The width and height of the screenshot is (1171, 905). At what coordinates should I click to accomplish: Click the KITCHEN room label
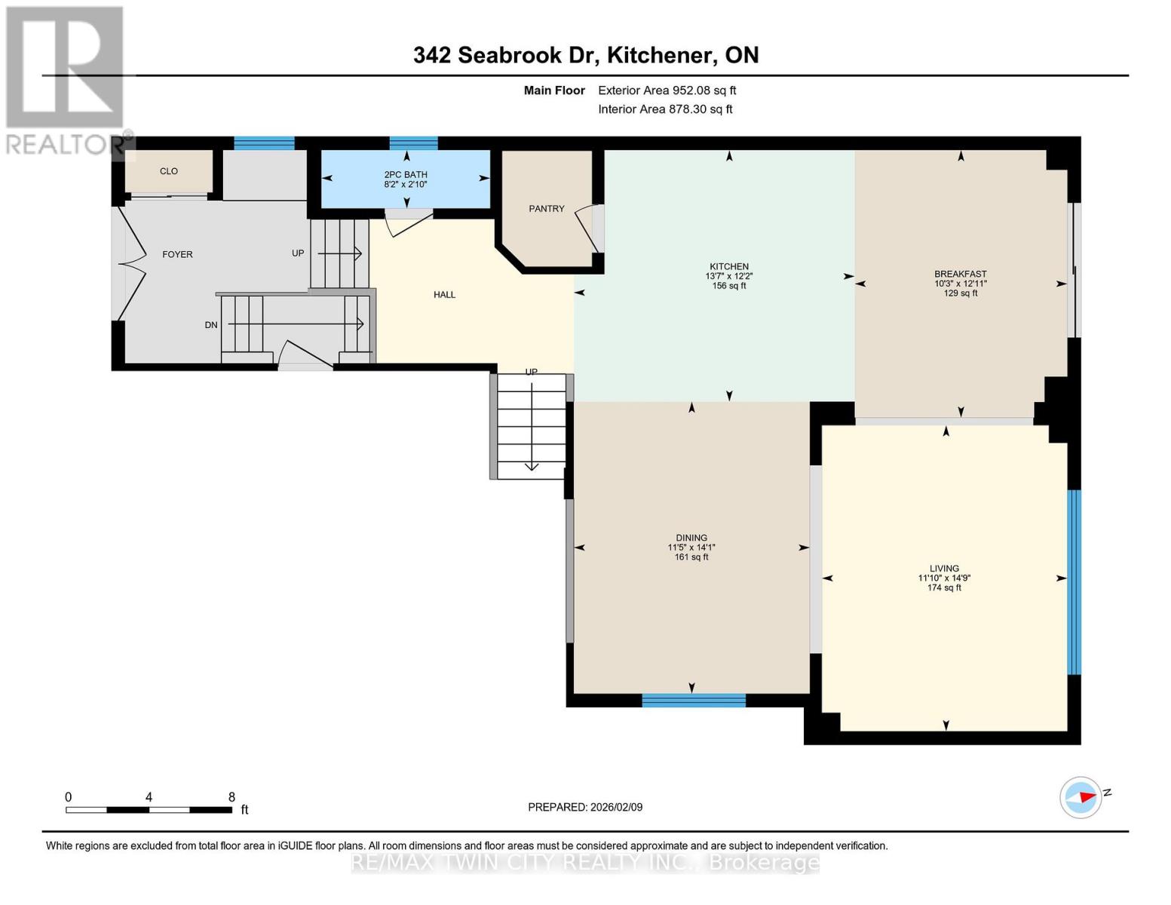(x=728, y=266)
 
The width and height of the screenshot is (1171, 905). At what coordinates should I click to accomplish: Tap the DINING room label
(x=691, y=538)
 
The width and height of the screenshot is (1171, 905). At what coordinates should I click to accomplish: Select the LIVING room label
(x=944, y=569)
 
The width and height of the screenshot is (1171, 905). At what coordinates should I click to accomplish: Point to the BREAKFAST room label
(x=960, y=274)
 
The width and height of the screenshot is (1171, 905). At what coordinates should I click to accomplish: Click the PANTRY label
(x=546, y=209)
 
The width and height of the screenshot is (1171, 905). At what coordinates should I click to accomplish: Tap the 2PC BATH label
(x=406, y=174)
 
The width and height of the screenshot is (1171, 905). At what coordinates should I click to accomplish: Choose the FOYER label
(x=177, y=255)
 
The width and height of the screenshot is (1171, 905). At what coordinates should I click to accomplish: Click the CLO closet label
(x=169, y=171)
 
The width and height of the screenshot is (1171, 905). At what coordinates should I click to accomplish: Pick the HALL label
(x=444, y=295)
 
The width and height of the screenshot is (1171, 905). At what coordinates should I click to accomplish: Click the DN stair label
(x=211, y=325)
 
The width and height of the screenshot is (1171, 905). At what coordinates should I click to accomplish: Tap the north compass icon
(x=1081, y=797)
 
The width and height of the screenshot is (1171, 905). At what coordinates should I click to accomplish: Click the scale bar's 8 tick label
(x=231, y=797)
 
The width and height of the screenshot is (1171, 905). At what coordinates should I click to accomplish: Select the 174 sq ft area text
(x=944, y=588)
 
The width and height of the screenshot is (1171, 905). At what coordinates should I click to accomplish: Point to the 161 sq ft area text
(x=691, y=557)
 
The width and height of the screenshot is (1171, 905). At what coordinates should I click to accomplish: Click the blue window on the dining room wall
(x=694, y=701)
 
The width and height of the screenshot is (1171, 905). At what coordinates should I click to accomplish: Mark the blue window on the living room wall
(x=1074, y=581)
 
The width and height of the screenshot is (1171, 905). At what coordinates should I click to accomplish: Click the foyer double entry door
(x=128, y=264)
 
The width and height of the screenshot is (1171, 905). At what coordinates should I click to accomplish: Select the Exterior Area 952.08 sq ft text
(x=667, y=90)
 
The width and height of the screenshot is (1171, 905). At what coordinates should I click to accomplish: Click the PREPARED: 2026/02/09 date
(x=585, y=807)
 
